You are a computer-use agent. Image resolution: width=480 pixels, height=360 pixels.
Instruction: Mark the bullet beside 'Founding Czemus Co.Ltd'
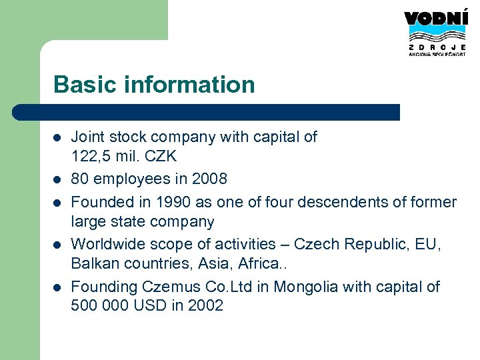(x=57, y=287)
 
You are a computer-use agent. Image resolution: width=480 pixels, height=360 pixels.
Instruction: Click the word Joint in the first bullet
(x=88, y=137)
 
